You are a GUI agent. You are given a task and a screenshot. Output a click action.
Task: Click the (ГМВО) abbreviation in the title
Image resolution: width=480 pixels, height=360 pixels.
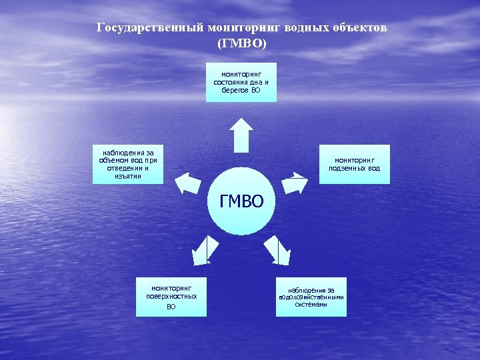pyautogui.click(x=241, y=43)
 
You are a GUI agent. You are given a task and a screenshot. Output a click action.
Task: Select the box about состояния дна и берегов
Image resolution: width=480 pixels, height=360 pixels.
pyautogui.click(x=241, y=82)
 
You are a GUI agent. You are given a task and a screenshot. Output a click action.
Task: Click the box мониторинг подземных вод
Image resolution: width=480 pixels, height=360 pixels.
pyautogui.click(x=355, y=164)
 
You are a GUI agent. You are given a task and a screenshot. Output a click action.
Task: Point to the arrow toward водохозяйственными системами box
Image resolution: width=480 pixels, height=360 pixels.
pyautogui.click(x=277, y=250)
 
